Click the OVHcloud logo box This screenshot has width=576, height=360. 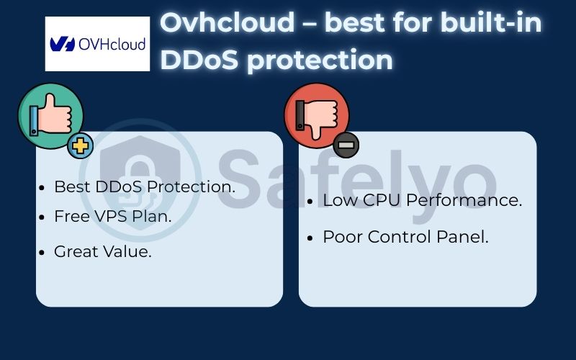[97, 44]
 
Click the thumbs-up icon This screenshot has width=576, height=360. [50, 115]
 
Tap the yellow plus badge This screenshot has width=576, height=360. [81, 146]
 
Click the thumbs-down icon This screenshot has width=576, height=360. [316, 115]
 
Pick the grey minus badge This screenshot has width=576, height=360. [346, 145]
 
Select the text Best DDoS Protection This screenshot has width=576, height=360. [145, 186]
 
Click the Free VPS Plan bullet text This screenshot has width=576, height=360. [113, 216]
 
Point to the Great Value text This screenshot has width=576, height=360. [103, 252]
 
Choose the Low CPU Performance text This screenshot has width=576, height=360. [422, 200]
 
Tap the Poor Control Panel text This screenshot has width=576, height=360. [405, 237]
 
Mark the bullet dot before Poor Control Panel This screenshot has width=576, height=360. [310, 238]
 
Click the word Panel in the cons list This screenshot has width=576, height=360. [466, 237]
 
